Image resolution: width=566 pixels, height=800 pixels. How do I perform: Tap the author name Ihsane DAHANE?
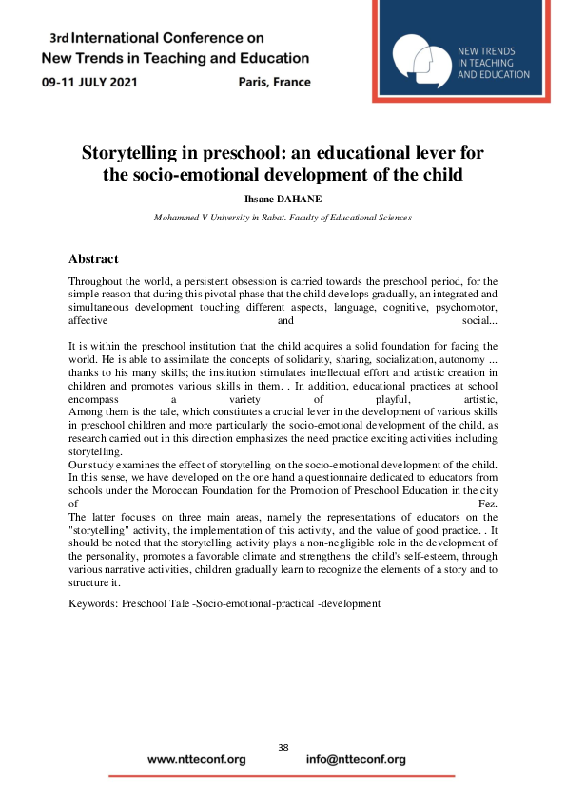283,200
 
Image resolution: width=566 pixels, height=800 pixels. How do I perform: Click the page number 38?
283,748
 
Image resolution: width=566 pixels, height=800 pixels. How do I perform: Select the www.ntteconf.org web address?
197,760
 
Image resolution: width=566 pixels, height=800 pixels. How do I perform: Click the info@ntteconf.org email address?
356,760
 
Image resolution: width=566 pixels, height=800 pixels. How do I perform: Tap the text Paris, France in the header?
275,82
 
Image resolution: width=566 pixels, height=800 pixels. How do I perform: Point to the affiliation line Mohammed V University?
283,218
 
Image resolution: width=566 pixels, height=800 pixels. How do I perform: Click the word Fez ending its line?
487,502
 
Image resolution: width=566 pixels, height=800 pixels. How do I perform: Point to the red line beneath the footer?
282,776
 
